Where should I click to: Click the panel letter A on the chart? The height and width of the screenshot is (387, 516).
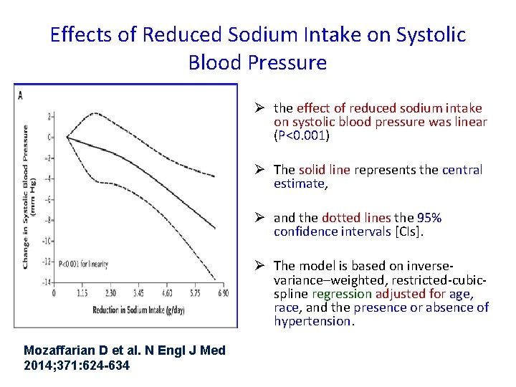coord(21,95)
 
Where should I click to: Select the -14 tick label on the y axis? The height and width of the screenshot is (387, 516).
coord(47,283)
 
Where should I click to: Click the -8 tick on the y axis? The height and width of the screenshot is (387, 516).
coord(49,220)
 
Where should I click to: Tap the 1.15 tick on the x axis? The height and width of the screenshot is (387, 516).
coord(82,293)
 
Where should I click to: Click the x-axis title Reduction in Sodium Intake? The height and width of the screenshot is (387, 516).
coord(135,310)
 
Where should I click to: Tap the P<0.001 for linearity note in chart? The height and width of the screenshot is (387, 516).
coord(83,264)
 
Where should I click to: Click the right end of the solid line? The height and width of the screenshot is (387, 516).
coord(215,228)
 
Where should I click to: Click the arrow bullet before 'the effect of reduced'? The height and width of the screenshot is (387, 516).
coord(262,108)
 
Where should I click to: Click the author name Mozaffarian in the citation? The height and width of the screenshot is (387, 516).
coord(61,350)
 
